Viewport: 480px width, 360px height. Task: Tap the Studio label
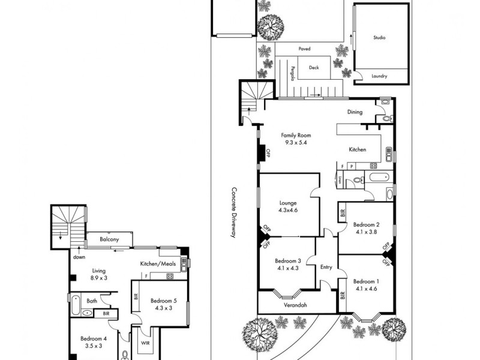point(379,38)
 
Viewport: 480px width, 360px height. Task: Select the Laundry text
point(379,76)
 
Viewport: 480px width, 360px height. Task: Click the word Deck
point(314,68)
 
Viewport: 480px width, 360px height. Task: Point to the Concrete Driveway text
point(234,213)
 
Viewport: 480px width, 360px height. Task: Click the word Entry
point(326,268)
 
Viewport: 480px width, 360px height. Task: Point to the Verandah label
point(295,305)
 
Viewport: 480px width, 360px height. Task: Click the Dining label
point(355,112)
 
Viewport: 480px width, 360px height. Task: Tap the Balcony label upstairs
point(109,239)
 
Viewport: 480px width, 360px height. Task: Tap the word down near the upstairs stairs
point(79,257)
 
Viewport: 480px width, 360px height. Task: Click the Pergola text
point(293,73)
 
